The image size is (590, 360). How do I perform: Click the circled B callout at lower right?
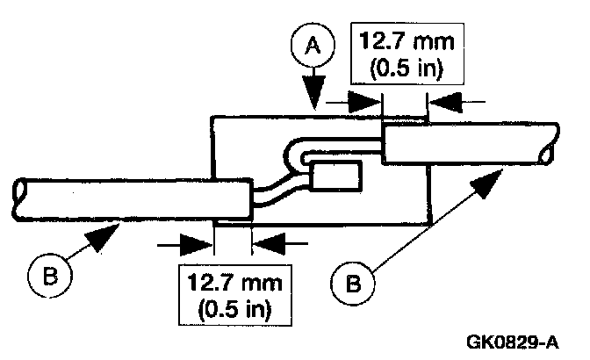[350, 282]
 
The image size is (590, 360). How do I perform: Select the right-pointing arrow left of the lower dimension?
[195, 239]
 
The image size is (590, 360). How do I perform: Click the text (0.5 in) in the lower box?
[229, 309]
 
